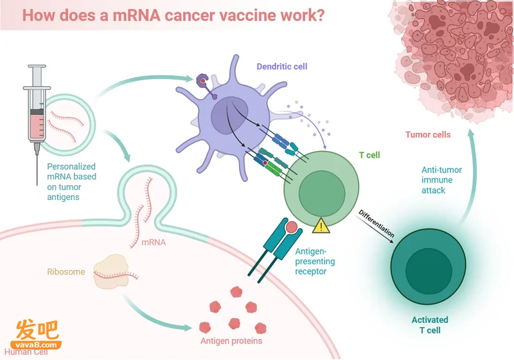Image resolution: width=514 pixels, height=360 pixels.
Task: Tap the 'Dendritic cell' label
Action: (x=282, y=67)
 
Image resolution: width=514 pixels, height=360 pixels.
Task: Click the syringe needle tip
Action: (x=37, y=184)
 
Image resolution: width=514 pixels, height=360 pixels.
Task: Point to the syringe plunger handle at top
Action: (x=37, y=67)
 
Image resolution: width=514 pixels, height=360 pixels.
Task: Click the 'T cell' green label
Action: (x=369, y=155)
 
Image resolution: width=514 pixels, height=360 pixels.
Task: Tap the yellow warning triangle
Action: (x=321, y=226)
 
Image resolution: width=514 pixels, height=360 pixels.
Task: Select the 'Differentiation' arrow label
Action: (x=377, y=223)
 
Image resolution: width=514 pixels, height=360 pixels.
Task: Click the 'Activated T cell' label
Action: (x=430, y=325)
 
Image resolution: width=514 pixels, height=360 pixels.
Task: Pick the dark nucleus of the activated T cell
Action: (x=429, y=271)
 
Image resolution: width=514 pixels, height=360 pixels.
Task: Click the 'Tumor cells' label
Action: (x=428, y=134)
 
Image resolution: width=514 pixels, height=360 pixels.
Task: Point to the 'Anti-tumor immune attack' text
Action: (x=441, y=180)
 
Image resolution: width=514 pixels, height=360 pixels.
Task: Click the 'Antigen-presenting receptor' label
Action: (x=315, y=261)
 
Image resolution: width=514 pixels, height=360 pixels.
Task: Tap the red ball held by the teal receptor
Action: (x=291, y=227)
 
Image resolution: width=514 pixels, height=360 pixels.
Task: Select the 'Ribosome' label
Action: (x=66, y=272)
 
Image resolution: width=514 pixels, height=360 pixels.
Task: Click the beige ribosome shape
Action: (x=110, y=272)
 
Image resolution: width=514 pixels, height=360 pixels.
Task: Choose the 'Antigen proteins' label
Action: (x=231, y=341)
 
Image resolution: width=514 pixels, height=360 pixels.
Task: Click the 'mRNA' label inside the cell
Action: (x=154, y=242)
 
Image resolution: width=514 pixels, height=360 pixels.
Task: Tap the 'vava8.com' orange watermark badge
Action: (x=36, y=345)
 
